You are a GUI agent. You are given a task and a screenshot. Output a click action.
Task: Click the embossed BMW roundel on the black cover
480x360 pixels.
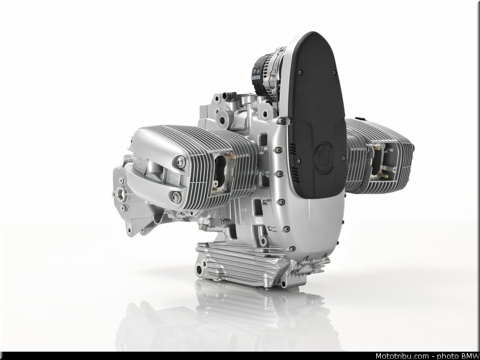click(x=324, y=158)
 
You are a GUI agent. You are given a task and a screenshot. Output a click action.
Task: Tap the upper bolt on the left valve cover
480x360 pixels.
click(x=180, y=161)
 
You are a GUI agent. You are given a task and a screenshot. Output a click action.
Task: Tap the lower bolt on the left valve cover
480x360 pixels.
click(x=176, y=197)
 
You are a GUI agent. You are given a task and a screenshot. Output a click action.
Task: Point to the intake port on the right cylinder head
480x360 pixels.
click(x=376, y=161)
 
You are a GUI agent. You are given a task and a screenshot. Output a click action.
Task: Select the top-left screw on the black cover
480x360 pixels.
click(x=299, y=73)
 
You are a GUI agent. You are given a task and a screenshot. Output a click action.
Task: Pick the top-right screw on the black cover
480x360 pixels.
click(x=334, y=73)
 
